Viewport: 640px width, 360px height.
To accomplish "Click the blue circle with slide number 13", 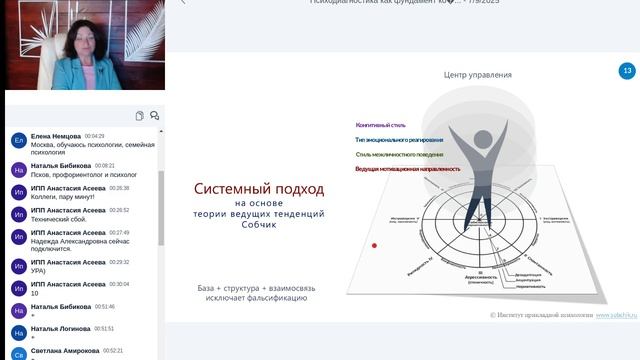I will [x=627, y=71].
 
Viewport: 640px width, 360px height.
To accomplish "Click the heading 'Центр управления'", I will [x=478, y=75].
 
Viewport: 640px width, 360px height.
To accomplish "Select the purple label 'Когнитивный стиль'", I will [x=381, y=125].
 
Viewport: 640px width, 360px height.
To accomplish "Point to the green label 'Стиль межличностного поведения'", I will [x=400, y=155].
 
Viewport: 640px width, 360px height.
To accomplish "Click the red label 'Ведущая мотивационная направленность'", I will [x=408, y=169].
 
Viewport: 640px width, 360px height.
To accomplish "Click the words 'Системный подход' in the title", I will [x=259, y=188].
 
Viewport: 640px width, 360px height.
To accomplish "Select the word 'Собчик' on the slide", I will [x=259, y=225].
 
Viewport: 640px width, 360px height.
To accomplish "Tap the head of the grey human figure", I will [x=482, y=139].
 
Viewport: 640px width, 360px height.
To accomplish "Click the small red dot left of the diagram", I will [x=374, y=245].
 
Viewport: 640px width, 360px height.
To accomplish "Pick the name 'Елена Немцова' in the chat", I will [x=56, y=136].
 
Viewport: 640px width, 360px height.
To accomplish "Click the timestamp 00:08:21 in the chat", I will [x=105, y=166].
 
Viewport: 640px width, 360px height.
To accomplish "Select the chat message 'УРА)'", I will [x=39, y=271].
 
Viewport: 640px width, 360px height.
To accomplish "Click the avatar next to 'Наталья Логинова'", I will [x=18, y=333].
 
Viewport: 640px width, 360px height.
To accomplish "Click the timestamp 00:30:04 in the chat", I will [x=119, y=285].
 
